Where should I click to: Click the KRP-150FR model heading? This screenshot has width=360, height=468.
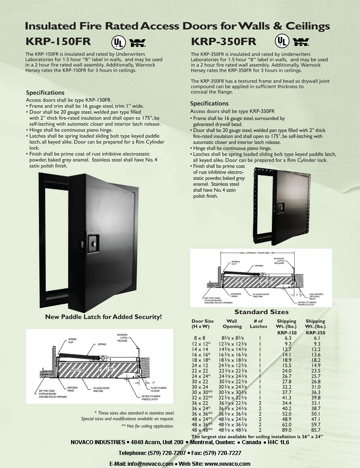(58, 42)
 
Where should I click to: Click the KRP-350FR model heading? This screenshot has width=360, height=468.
(224, 42)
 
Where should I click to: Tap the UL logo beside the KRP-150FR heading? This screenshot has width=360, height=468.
(118, 42)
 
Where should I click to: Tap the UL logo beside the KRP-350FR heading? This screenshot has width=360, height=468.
(282, 42)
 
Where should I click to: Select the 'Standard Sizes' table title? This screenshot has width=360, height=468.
(261, 312)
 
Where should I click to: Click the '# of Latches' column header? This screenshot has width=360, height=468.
(258, 324)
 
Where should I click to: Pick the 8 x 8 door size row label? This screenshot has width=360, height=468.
(198, 337)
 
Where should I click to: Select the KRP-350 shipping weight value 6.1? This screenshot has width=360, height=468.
(316, 337)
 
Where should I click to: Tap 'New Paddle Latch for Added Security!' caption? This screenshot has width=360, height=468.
(103, 317)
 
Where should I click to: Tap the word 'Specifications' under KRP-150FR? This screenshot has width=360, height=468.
(45, 93)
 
